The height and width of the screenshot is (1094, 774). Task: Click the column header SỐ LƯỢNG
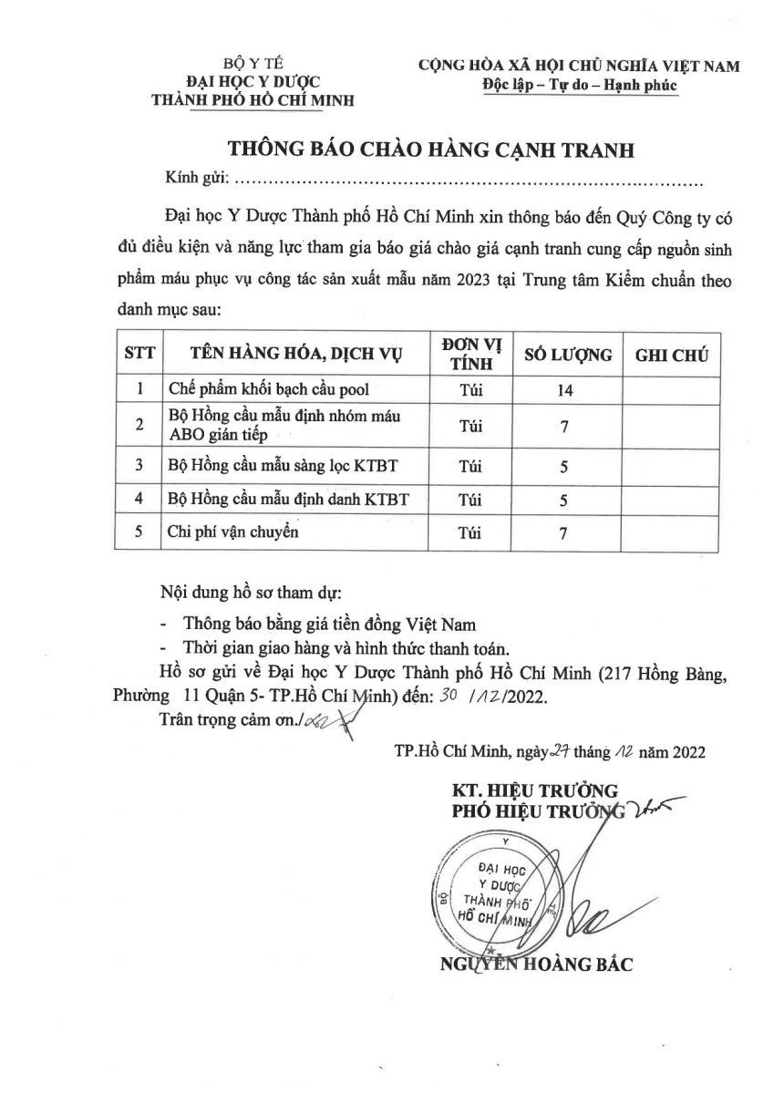pos(566,355)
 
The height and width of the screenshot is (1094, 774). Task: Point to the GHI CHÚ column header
pos(672,355)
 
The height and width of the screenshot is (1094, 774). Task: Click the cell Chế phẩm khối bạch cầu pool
pos(269,390)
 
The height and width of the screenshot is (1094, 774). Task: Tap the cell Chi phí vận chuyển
pos(234,532)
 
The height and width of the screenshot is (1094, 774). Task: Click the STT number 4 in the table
pos(139,500)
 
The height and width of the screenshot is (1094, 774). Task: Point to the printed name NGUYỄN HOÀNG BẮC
pos(536,965)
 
